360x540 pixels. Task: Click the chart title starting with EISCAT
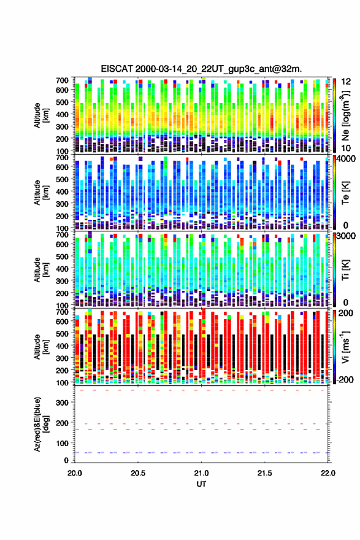click(x=201, y=69)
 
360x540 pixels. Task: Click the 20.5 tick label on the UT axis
click(x=137, y=473)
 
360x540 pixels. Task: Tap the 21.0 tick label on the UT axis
click(x=201, y=473)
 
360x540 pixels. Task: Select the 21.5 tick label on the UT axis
click(x=264, y=473)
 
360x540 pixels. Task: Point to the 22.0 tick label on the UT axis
click(x=327, y=473)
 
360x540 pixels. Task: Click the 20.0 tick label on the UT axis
click(x=75, y=473)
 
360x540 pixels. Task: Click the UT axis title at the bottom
click(x=201, y=484)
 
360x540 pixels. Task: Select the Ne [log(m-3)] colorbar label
click(x=345, y=115)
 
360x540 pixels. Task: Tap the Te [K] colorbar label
click(x=345, y=193)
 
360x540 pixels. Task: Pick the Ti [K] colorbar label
click(x=345, y=270)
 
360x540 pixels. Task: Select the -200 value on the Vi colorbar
click(x=345, y=379)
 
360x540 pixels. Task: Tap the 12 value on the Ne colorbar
click(x=346, y=82)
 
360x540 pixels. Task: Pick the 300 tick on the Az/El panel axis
click(x=63, y=403)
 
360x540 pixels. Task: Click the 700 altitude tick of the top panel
click(x=63, y=80)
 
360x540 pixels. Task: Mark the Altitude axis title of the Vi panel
click(x=40, y=347)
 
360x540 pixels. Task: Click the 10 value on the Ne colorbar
click(x=346, y=148)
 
